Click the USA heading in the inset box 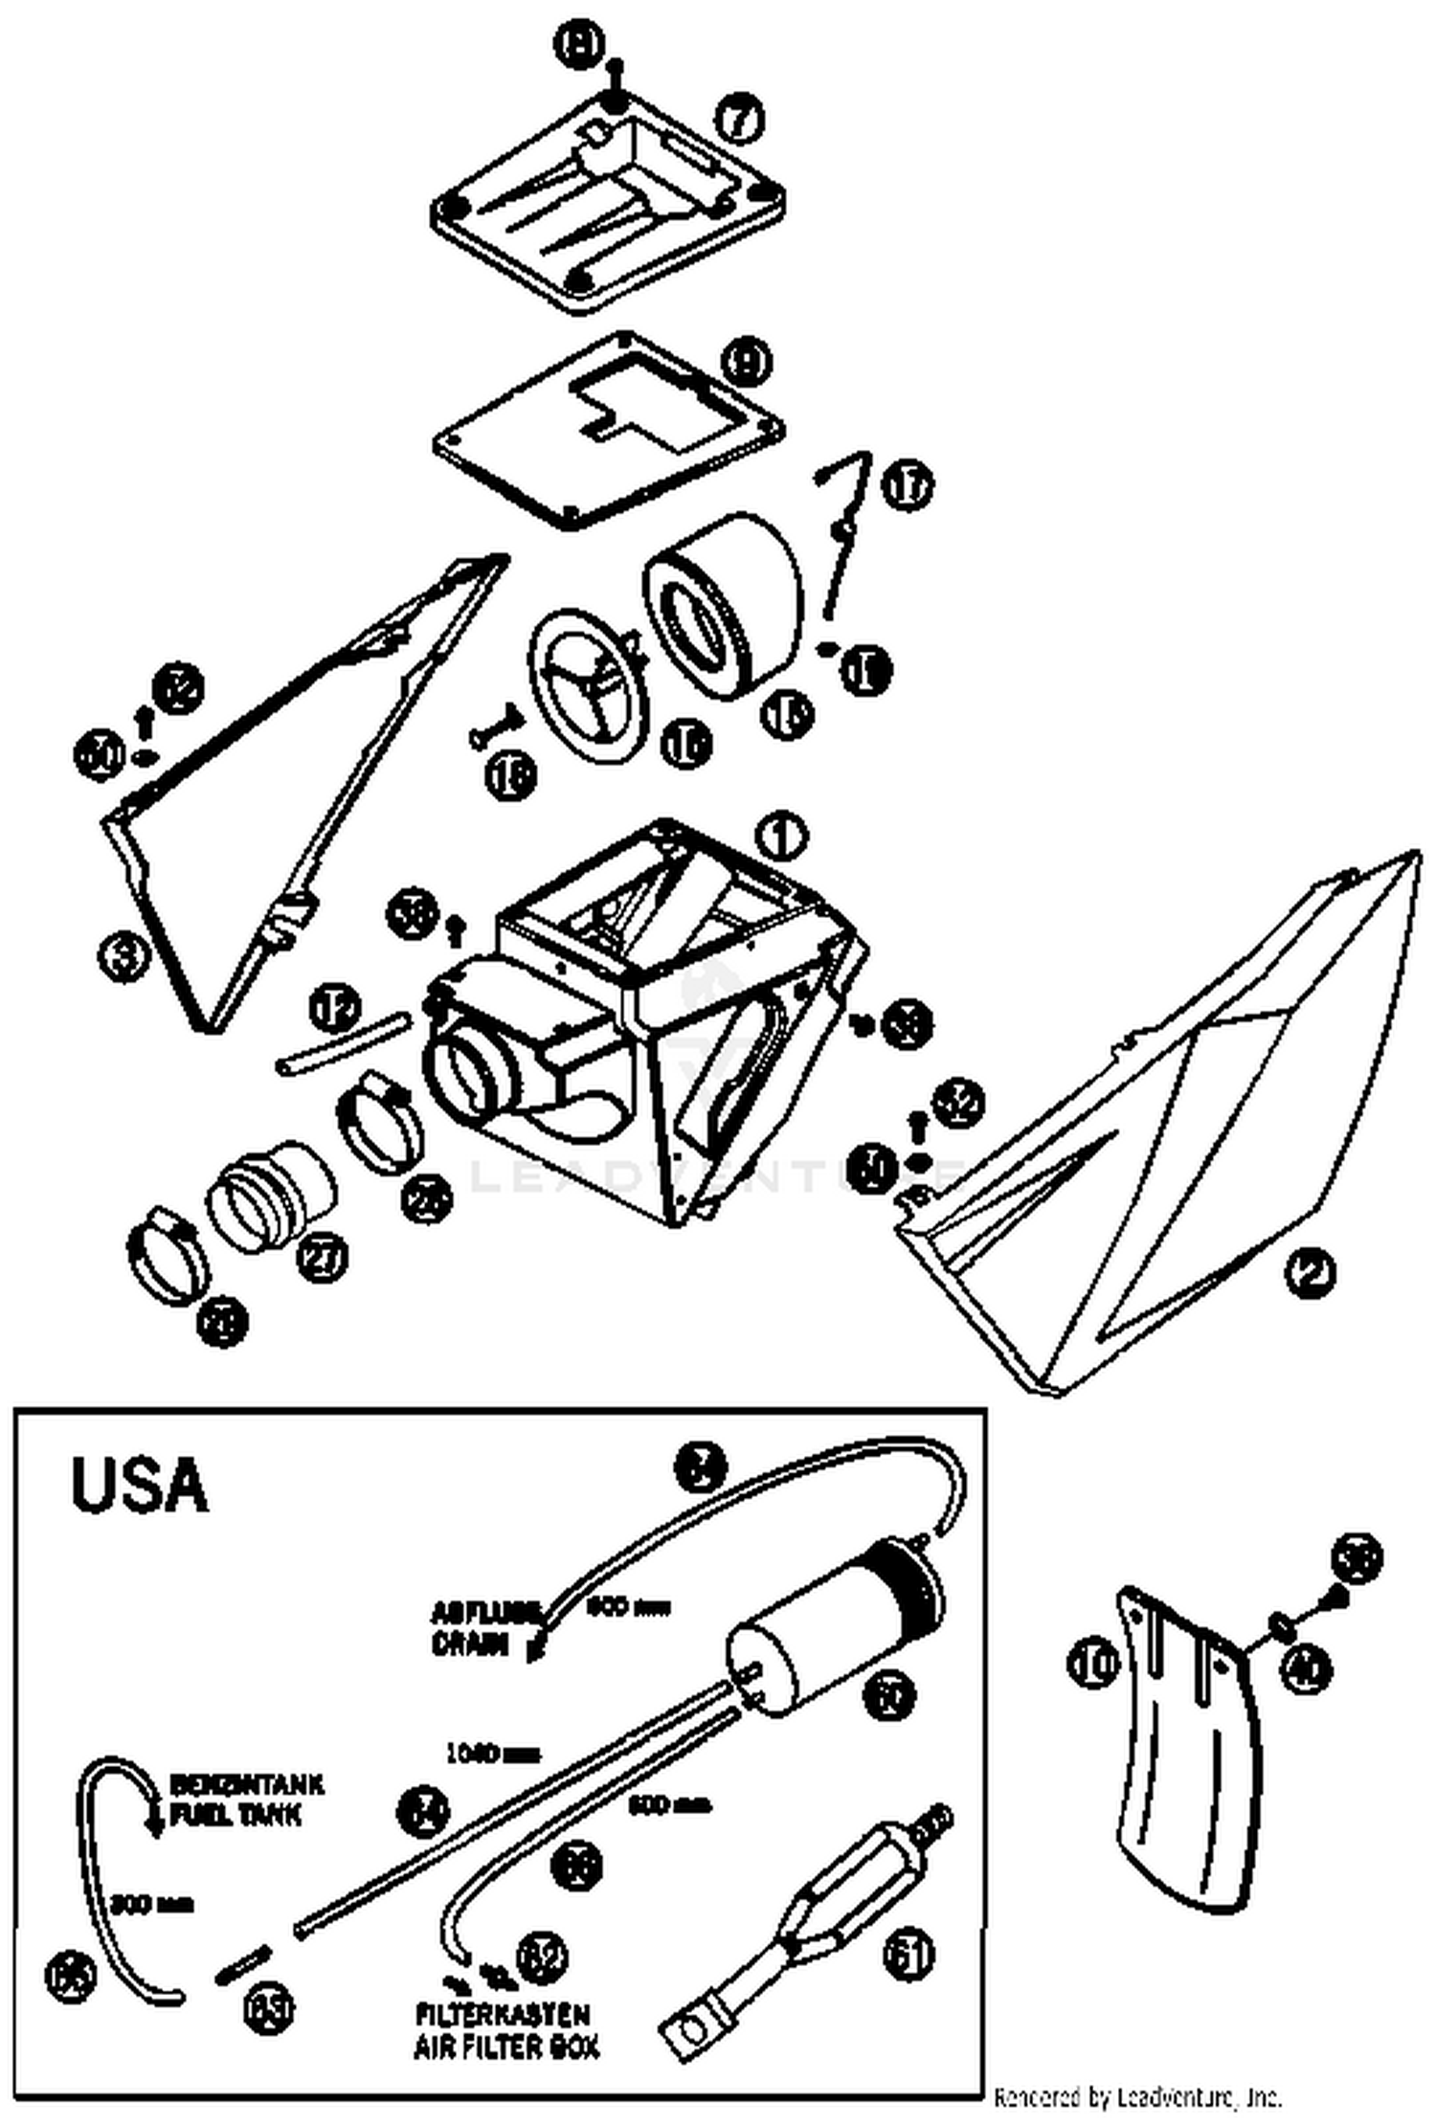tap(140, 1485)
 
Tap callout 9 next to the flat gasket tap(747, 363)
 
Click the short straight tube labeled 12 tap(340, 1047)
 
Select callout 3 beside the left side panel tap(125, 956)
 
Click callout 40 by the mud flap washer tap(1309, 1670)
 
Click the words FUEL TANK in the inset tap(236, 1815)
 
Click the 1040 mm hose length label tap(492, 1755)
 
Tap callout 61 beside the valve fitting tap(909, 1954)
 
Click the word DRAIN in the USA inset tap(470, 1644)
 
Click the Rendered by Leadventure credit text tap(1137, 2098)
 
